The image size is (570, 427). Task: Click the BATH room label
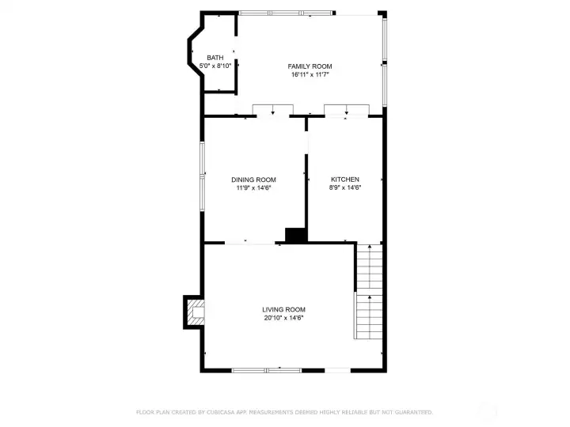(215, 58)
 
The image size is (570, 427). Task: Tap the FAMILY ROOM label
(310, 66)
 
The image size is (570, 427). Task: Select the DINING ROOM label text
(253, 179)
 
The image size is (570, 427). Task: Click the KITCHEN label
(345, 179)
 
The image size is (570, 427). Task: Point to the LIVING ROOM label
(284, 309)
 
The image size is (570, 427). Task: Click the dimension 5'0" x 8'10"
(215, 66)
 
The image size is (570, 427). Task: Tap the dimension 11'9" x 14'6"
(253, 187)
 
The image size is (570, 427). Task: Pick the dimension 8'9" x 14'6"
(345, 187)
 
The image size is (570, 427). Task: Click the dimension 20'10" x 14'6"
(284, 317)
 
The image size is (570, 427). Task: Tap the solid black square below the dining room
(295, 235)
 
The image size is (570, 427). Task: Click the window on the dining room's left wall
(203, 171)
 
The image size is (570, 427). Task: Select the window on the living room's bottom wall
(268, 369)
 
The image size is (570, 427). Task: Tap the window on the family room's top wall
(287, 13)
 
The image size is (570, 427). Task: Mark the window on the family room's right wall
(385, 59)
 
